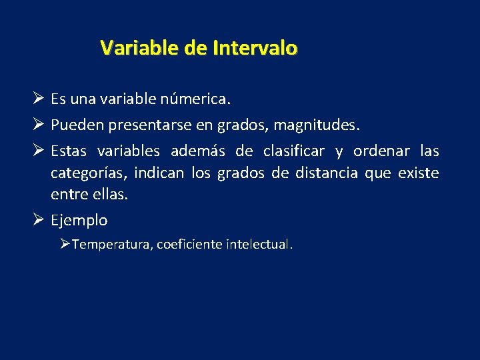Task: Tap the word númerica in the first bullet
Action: click(195, 100)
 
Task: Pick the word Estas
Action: click(70, 151)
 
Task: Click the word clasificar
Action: click(293, 151)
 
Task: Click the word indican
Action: click(159, 174)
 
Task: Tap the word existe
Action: click(418, 174)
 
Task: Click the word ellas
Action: click(111, 195)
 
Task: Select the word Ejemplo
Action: click(79, 221)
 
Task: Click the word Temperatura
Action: click(112, 245)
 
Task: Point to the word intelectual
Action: click(261, 245)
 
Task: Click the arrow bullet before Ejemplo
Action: click(39, 220)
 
